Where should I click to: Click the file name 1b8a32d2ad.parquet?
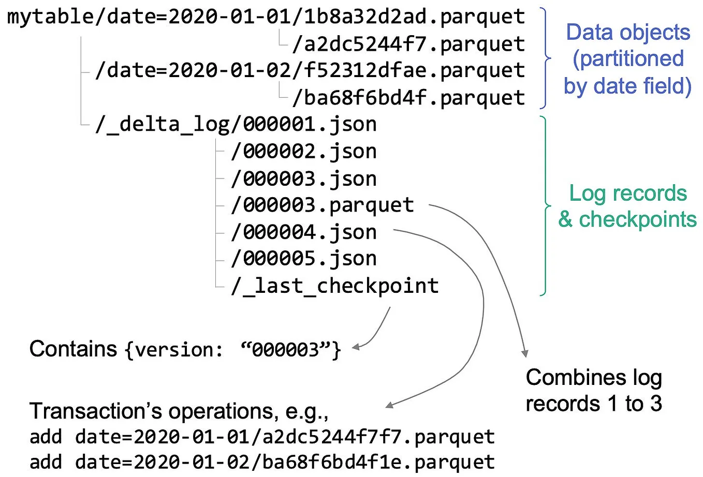point(414,17)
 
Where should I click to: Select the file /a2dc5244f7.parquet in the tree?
point(408,44)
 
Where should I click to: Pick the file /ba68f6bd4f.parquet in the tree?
point(408,98)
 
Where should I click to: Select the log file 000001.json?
point(310,125)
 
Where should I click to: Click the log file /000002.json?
point(304,152)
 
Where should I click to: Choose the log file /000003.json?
point(304,179)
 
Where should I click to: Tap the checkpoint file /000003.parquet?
point(323,205)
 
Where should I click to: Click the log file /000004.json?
point(304,232)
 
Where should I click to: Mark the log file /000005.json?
point(304,259)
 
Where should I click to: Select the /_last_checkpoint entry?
point(335,286)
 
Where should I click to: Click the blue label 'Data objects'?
point(627,33)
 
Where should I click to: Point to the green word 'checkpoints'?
point(637,219)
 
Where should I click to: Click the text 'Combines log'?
point(593,378)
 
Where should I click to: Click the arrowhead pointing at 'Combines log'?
point(525,354)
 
